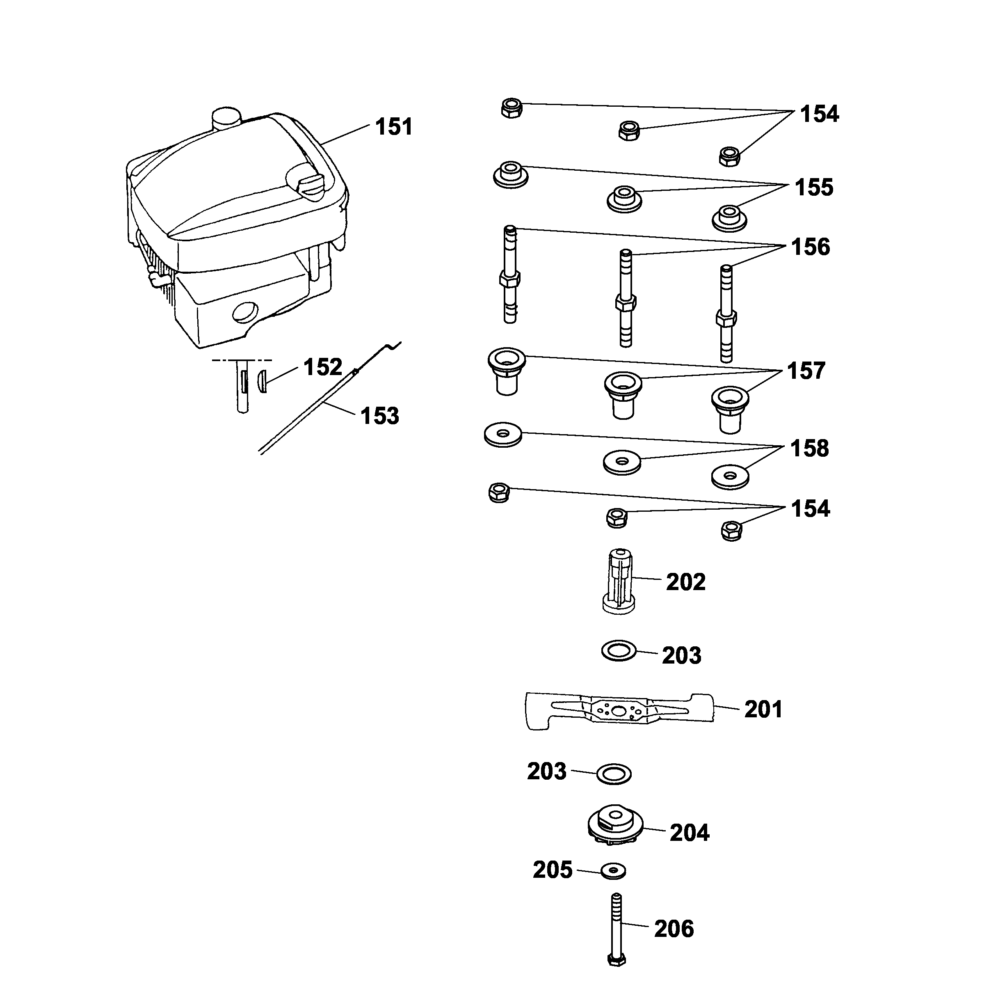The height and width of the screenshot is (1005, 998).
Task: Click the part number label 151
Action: [x=394, y=127]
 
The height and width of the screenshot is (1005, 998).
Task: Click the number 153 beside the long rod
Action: [x=380, y=416]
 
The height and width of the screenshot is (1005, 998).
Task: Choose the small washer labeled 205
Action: [x=613, y=870]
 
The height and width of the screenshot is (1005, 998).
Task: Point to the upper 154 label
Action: [x=819, y=114]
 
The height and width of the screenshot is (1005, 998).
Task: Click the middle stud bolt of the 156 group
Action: [x=626, y=299]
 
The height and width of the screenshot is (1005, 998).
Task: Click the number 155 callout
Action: [x=813, y=187]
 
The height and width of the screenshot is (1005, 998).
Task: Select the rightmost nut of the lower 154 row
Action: [x=732, y=531]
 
